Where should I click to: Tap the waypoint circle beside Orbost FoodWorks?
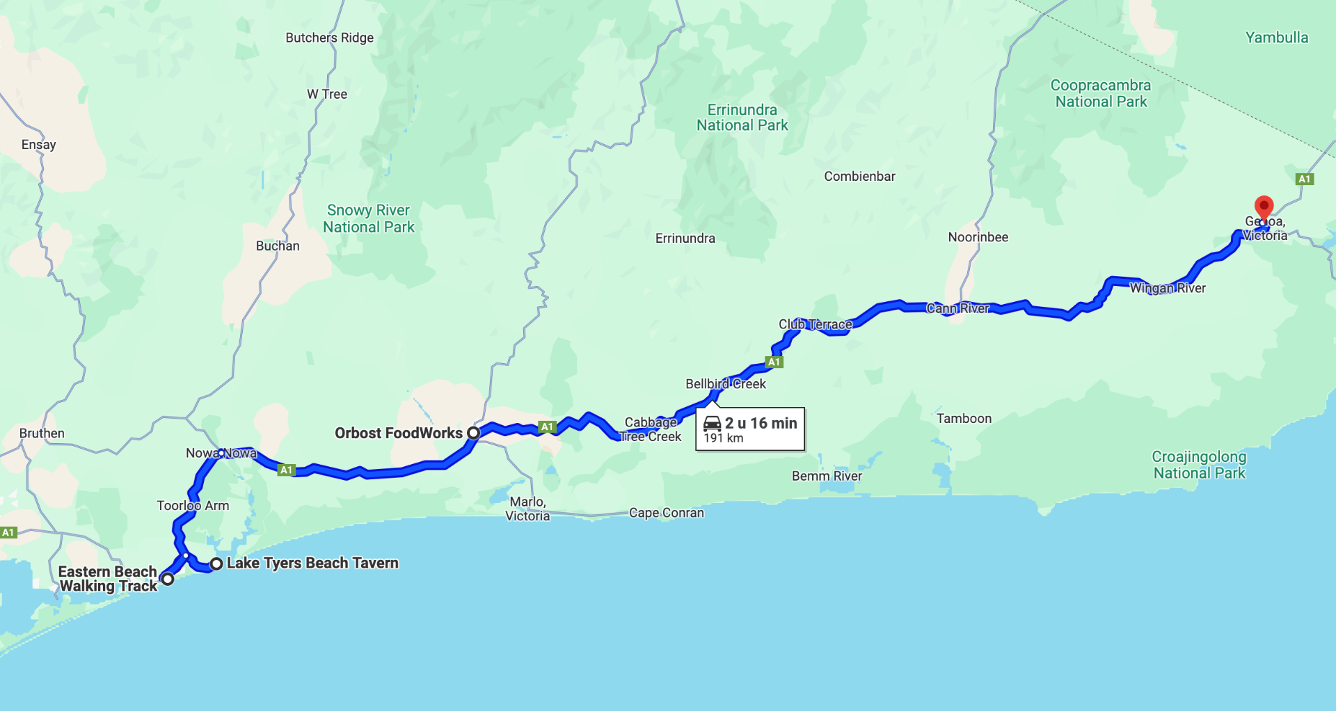(x=473, y=433)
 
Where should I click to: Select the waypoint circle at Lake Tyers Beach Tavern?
(x=216, y=564)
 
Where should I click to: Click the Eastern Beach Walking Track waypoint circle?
(x=167, y=578)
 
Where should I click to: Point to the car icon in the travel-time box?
(x=712, y=423)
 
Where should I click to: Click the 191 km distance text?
(x=724, y=438)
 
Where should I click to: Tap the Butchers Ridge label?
(x=329, y=38)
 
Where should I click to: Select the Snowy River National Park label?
(x=368, y=218)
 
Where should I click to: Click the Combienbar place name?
(x=859, y=176)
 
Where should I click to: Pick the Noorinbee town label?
(x=978, y=237)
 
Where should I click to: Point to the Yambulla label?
(x=1276, y=38)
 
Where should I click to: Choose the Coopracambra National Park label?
(x=1100, y=93)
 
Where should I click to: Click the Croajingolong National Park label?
(x=1199, y=465)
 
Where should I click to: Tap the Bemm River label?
(x=827, y=476)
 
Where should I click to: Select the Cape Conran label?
(x=666, y=513)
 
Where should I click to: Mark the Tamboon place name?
(x=964, y=418)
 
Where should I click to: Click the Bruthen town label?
(x=42, y=433)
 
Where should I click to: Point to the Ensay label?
(x=38, y=145)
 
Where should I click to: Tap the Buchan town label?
(x=278, y=246)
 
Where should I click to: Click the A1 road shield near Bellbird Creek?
(x=774, y=362)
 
